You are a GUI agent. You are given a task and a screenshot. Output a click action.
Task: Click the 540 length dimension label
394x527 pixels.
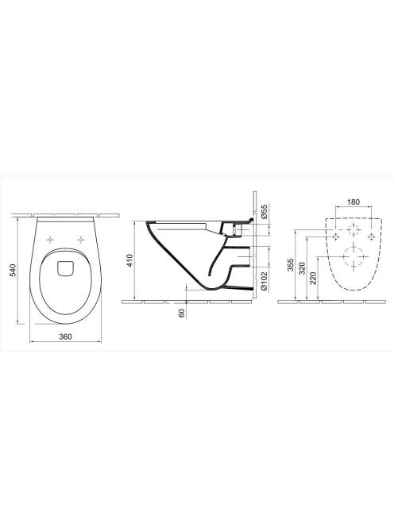click(13, 270)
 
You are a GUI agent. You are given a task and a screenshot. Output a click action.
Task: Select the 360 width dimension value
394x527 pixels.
click(65, 337)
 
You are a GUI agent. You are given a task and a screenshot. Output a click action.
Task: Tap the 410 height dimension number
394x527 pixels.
click(129, 260)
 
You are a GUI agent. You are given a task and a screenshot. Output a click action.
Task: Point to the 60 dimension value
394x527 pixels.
click(182, 314)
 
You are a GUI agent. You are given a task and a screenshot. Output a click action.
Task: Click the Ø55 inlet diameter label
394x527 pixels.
click(265, 211)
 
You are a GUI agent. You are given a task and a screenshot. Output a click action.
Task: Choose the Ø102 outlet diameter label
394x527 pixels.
click(265, 281)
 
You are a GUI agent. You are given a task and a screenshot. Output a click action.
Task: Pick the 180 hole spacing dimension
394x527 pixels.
click(353, 202)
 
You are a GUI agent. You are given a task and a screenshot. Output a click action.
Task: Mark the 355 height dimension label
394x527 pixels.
click(291, 264)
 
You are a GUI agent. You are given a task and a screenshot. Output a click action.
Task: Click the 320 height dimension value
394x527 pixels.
click(302, 268)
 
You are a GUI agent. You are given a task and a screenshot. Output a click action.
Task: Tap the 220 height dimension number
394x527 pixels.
click(313, 279)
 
